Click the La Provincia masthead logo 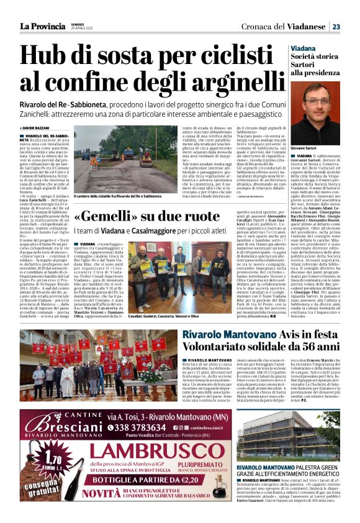coord(42,26)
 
